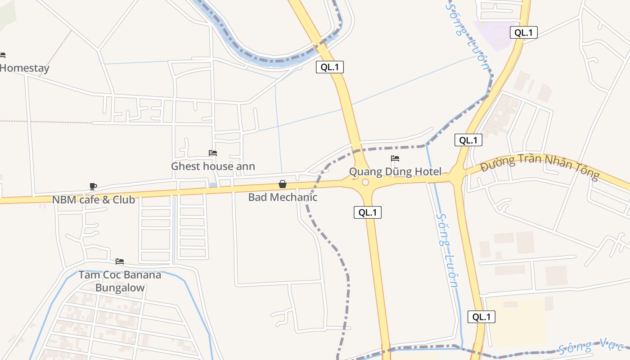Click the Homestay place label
(x=24, y=68)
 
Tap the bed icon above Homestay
(x=2, y=55)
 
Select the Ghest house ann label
(x=213, y=166)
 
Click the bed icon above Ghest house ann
(x=213, y=153)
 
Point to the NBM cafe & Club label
(x=94, y=200)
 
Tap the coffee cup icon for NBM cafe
(x=93, y=186)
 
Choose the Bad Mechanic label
(x=283, y=197)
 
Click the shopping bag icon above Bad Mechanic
(x=283, y=184)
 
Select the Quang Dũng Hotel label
(x=395, y=171)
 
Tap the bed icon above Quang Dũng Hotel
(x=395, y=158)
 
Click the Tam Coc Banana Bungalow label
(x=120, y=281)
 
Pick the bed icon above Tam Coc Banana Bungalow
(x=120, y=261)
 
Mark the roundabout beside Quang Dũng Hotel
(x=365, y=182)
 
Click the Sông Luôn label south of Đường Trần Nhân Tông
(x=448, y=250)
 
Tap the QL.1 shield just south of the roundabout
(x=368, y=212)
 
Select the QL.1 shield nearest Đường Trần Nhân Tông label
(x=468, y=140)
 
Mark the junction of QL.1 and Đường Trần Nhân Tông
(x=456, y=176)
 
